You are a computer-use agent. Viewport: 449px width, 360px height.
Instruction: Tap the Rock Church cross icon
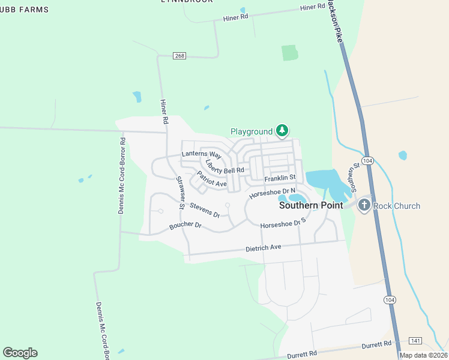point(364,206)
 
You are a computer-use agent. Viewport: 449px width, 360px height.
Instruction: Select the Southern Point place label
point(311,205)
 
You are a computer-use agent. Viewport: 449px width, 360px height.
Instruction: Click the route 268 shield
point(180,56)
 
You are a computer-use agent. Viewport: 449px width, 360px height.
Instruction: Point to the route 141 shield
point(416,340)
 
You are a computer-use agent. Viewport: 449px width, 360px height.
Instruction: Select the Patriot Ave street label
point(212,179)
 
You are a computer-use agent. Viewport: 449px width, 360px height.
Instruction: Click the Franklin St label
point(280,178)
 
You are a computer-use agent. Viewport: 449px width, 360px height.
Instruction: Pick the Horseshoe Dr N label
point(273,193)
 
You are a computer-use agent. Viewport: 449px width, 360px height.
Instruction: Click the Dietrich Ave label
point(263,248)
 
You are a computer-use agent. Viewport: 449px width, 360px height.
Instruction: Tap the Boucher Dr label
point(185,226)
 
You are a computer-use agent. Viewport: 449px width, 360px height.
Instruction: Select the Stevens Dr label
point(205,210)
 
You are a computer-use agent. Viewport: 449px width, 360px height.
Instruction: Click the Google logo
point(20,352)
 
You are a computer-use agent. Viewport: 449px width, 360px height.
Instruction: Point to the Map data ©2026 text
point(423,355)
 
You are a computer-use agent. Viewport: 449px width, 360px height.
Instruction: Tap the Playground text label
point(252,131)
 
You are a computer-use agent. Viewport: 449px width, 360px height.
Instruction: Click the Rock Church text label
point(397,206)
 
